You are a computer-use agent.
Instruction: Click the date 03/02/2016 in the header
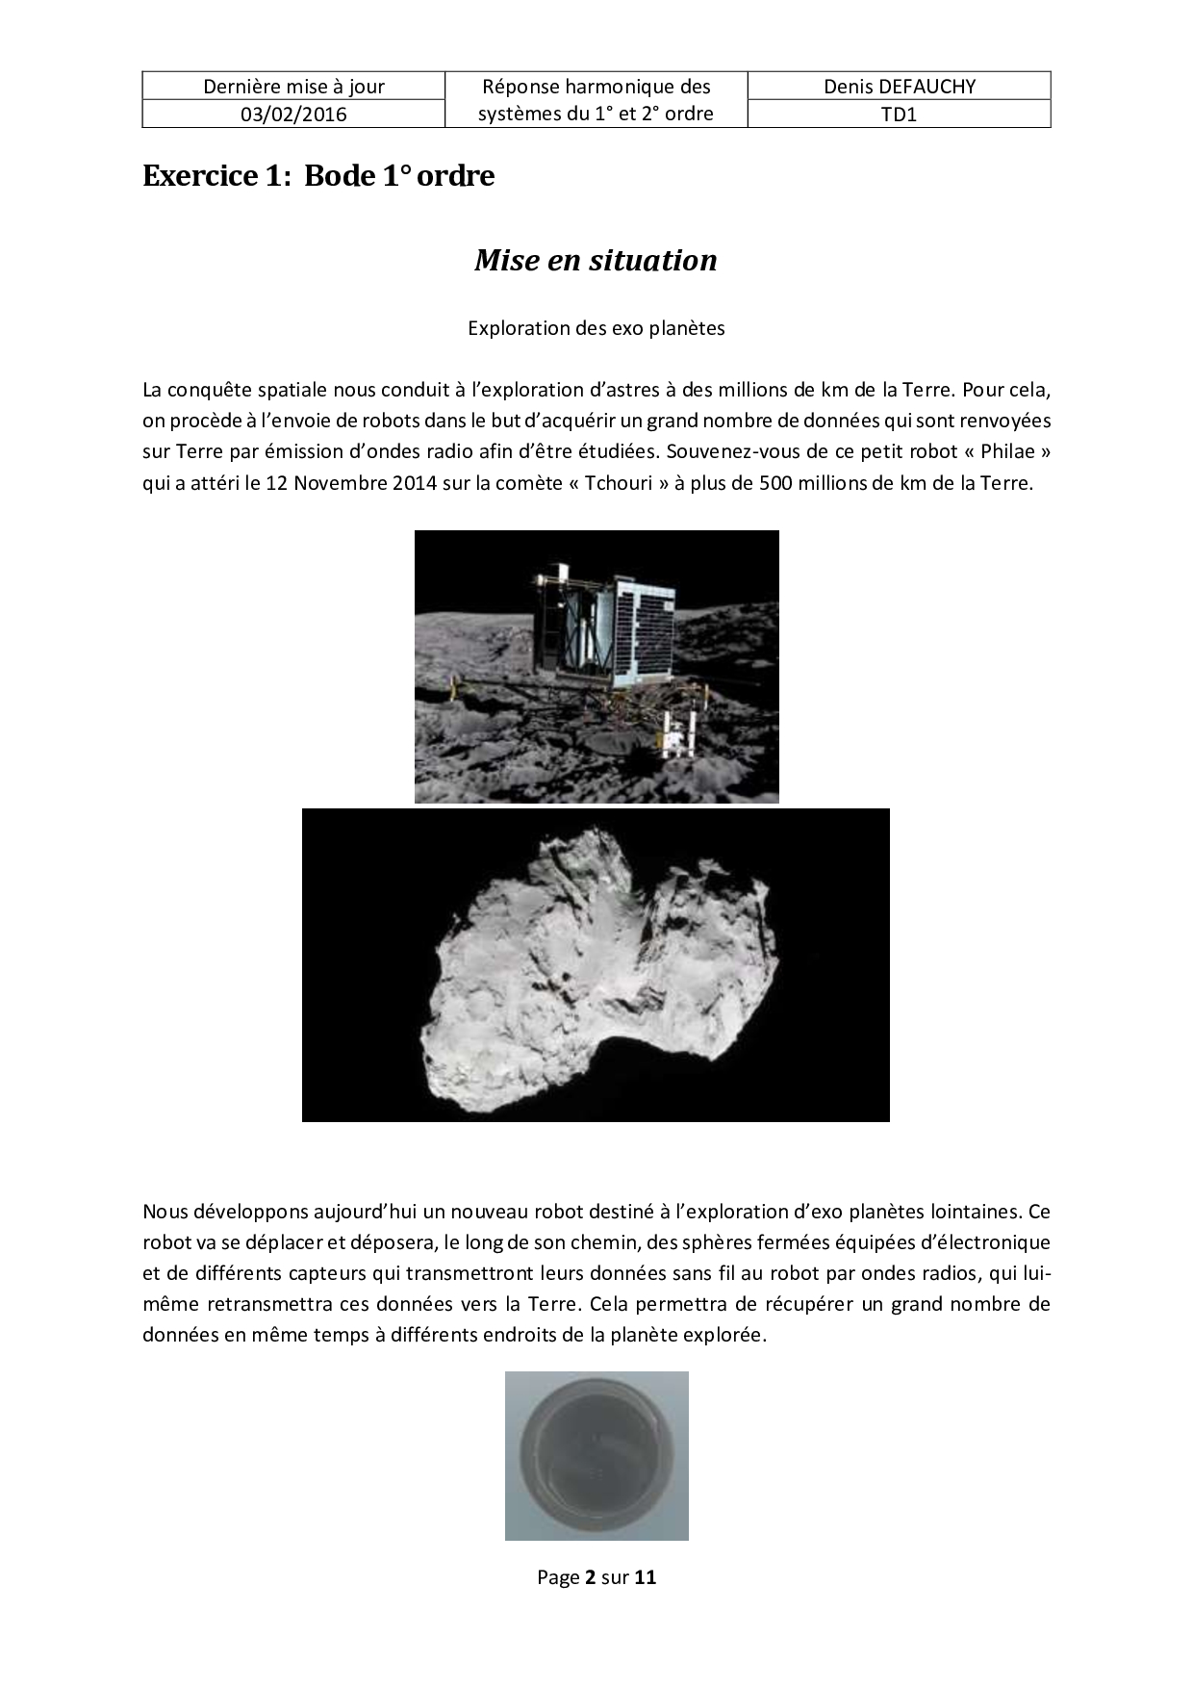click(x=293, y=115)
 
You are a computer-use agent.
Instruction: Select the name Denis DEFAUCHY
click(x=899, y=87)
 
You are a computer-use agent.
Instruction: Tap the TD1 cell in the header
click(x=899, y=115)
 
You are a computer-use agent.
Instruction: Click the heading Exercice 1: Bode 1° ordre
click(x=318, y=176)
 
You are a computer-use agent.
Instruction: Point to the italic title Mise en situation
click(x=596, y=260)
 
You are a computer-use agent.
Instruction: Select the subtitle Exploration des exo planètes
click(x=596, y=328)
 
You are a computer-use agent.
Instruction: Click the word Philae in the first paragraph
click(x=1006, y=451)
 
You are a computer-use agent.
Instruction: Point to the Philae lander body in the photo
click(x=601, y=626)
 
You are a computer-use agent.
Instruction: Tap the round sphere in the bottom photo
click(x=596, y=1454)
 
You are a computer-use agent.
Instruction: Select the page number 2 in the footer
click(x=590, y=1577)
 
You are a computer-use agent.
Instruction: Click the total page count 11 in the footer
click(x=646, y=1577)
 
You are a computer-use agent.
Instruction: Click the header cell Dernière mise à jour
click(x=293, y=87)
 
